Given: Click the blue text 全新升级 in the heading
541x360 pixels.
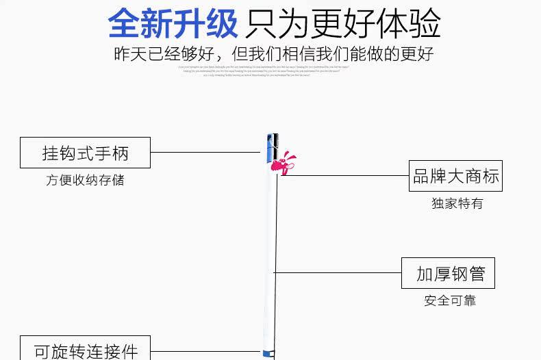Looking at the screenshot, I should click(173, 24).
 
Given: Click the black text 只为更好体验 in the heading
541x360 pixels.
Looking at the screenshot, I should click(343, 24).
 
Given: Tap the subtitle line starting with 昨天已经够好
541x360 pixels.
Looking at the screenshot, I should click(274, 54).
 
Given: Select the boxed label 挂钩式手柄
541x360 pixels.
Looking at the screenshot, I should click(85, 153).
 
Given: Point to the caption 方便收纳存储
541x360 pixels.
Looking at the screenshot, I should click(85, 181).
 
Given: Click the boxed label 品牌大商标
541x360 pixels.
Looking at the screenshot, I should click(455, 176).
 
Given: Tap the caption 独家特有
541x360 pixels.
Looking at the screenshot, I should click(457, 203).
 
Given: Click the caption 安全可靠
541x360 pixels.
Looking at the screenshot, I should click(449, 300).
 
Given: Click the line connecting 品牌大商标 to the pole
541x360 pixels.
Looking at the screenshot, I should click(342, 175).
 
